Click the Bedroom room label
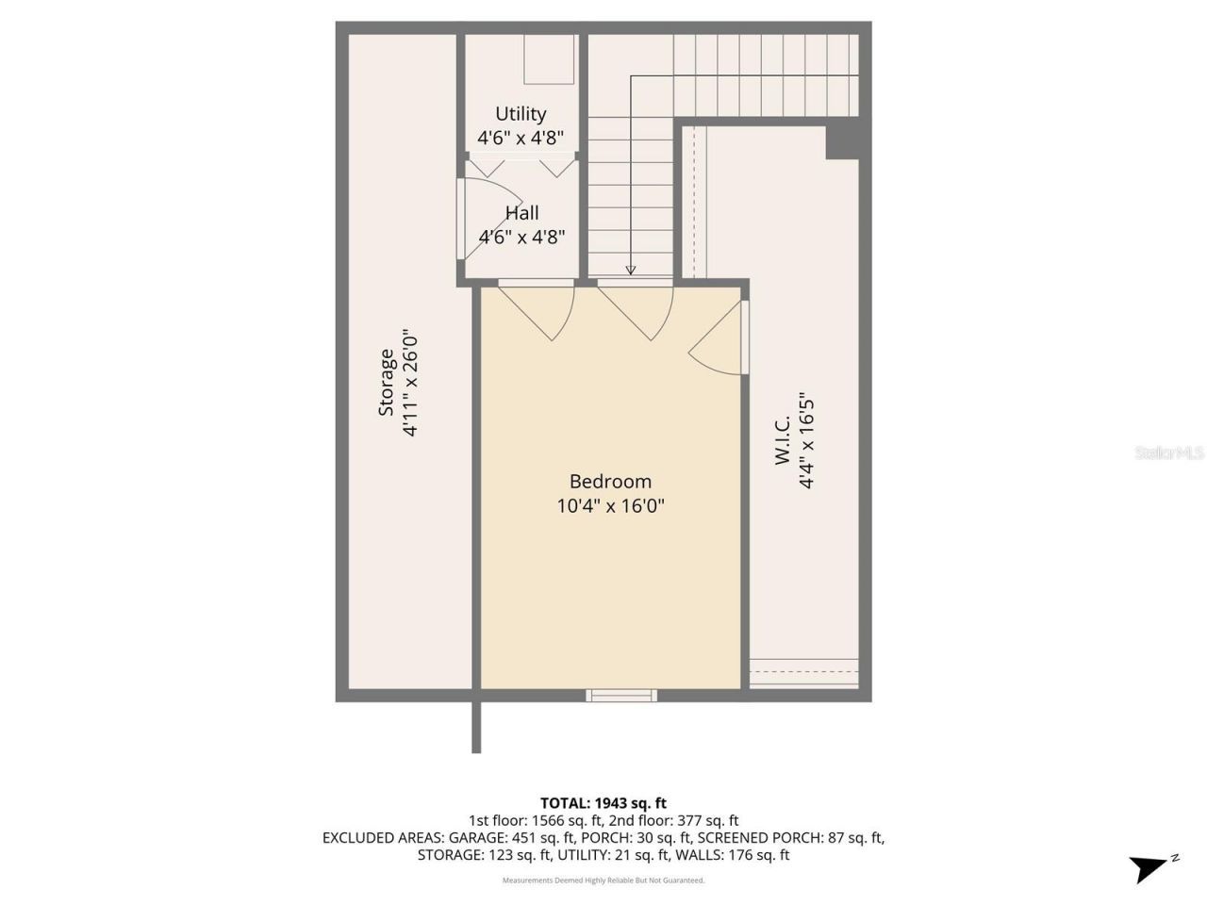pyautogui.click(x=610, y=481)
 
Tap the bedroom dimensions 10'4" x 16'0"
pyautogui.click(x=610, y=505)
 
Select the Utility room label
pyautogui.click(x=521, y=114)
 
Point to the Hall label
pyautogui.click(x=521, y=213)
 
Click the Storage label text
pyautogui.click(x=387, y=383)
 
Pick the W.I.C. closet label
pyautogui.click(x=783, y=441)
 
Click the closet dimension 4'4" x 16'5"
pyautogui.click(x=806, y=441)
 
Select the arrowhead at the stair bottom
pyautogui.click(x=631, y=271)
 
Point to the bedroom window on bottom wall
pyautogui.click(x=620, y=696)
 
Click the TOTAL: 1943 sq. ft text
pyautogui.click(x=603, y=803)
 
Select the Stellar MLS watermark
pyautogui.click(x=1169, y=453)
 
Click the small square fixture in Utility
pyautogui.click(x=550, y=59)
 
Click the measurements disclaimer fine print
pyautogui.click(x=603, y=880)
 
